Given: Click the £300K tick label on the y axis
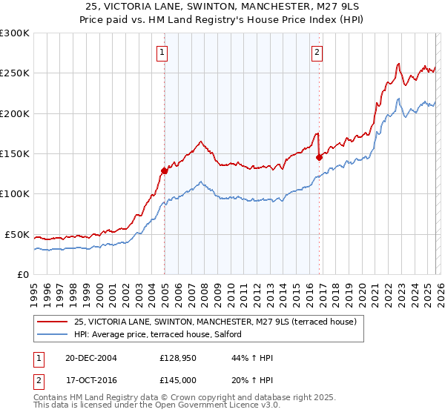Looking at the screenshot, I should coord(15,33).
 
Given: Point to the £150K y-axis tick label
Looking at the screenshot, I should coord(15,154).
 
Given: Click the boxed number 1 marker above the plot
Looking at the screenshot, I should coord(162,52).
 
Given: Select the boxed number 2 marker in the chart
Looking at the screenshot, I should coord(317,52).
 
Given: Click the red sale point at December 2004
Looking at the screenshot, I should coord(164,170).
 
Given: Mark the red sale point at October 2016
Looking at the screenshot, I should coord(319,157).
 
